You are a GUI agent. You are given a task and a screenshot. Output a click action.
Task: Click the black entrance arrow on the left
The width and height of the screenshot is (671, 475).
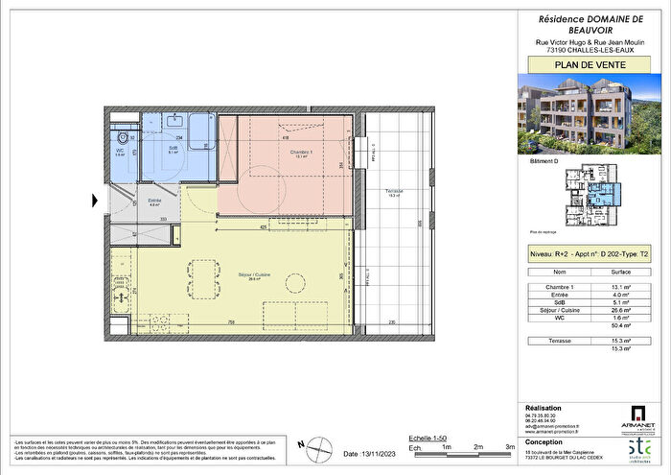point(95,201)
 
